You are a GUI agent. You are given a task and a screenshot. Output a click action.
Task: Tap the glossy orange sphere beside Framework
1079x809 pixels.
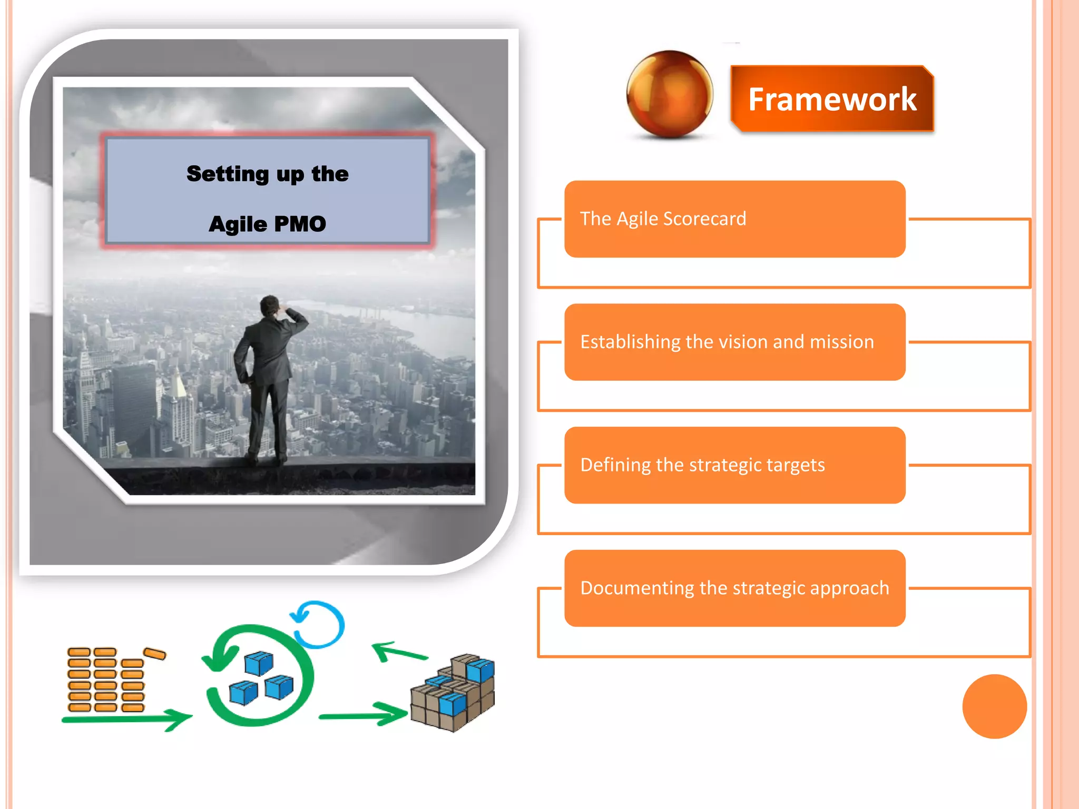tap(669, 94)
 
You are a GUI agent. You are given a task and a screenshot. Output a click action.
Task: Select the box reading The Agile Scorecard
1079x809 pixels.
tap(734, 219)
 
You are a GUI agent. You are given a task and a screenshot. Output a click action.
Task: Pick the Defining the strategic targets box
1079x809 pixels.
tap(734, 465)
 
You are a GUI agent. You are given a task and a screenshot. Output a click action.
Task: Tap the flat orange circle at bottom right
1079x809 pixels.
tap(994, 706)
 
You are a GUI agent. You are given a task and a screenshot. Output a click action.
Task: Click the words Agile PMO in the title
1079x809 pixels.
tap(267, 224)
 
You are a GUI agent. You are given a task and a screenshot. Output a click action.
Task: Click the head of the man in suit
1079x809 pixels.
tap(270, 305)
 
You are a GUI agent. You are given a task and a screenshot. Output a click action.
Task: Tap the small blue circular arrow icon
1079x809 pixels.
tap(319, 624)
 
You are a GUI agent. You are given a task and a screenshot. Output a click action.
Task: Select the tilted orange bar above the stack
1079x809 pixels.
tap(155, 654)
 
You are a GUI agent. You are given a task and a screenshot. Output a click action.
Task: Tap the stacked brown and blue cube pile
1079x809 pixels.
tap(454, 692)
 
